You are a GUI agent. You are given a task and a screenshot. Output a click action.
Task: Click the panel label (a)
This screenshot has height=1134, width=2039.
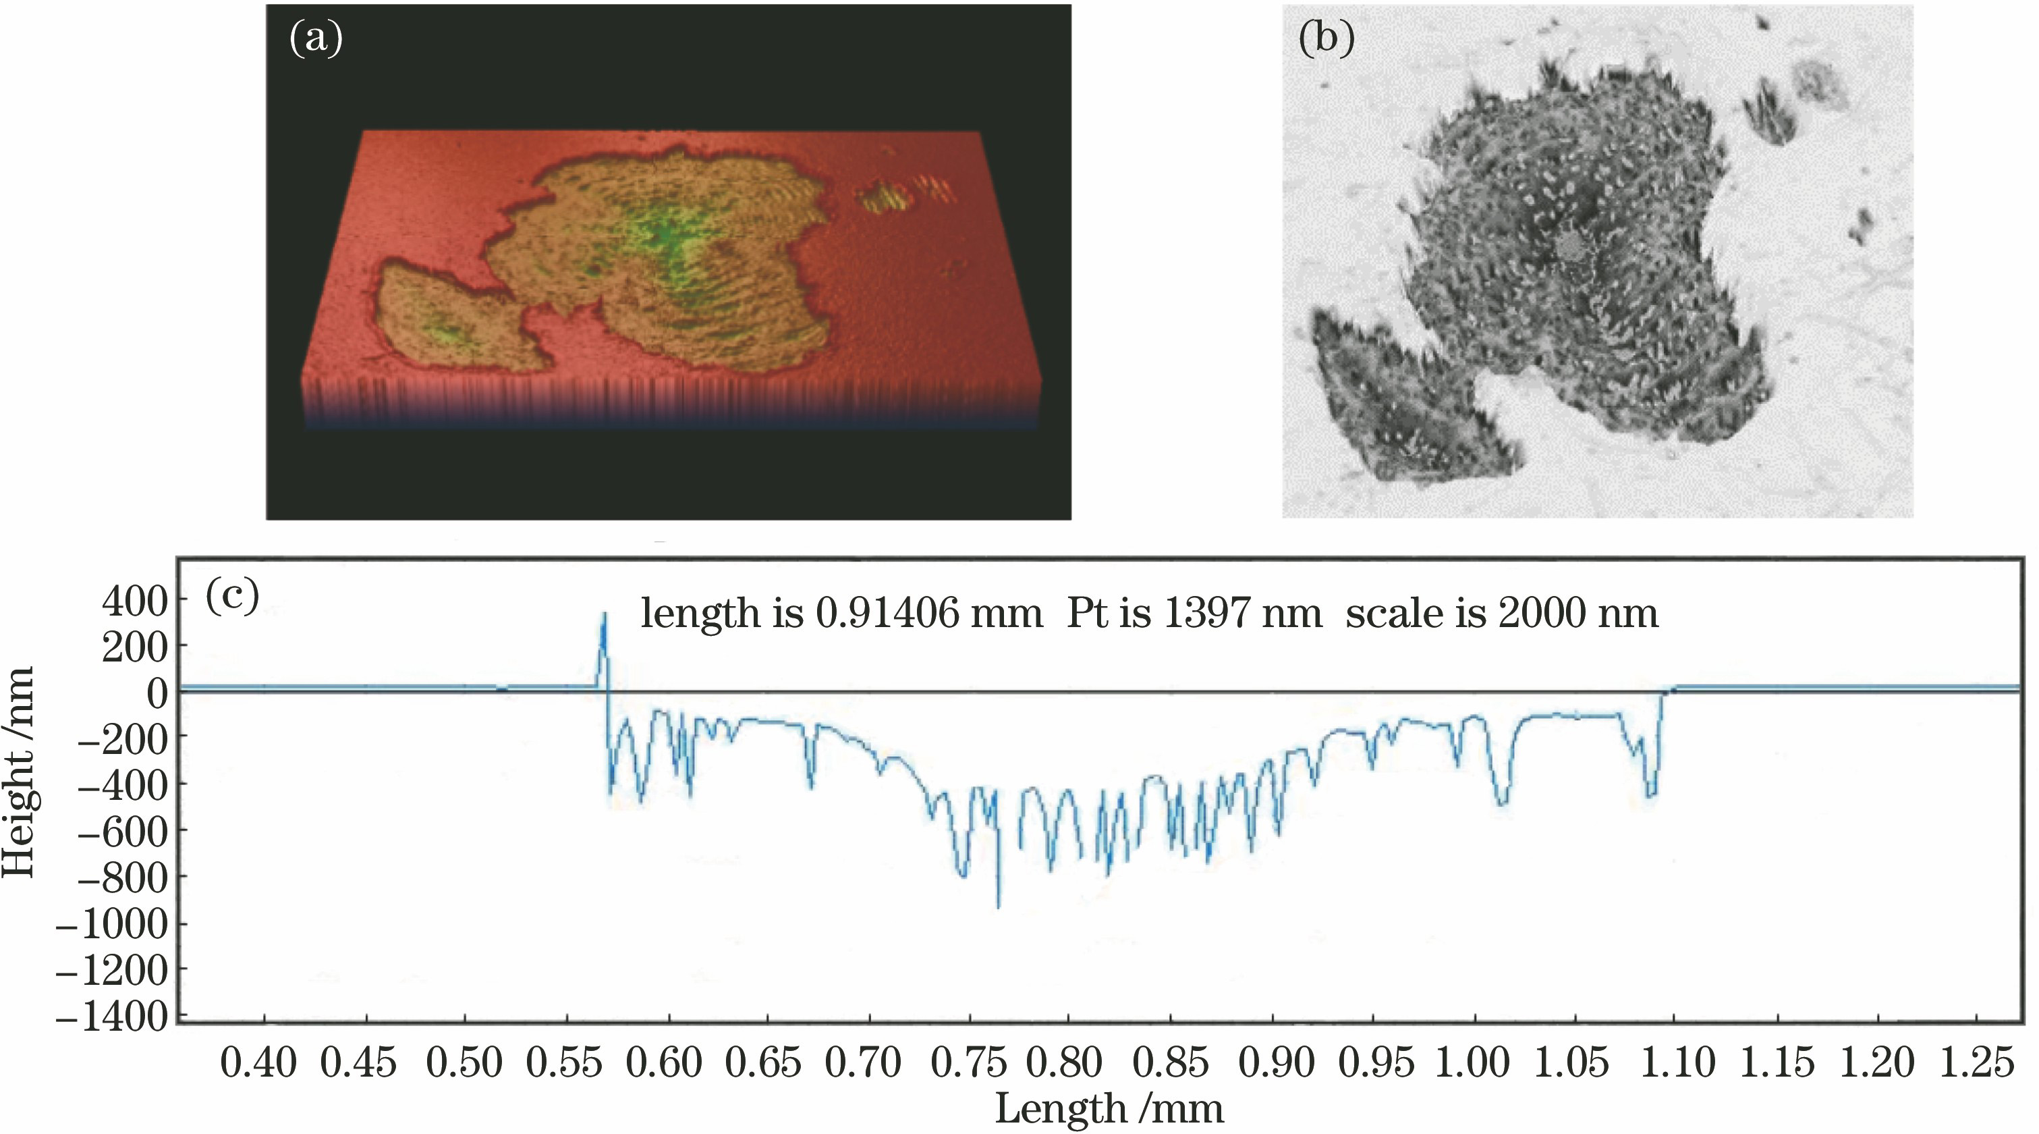click(x=316, y=38)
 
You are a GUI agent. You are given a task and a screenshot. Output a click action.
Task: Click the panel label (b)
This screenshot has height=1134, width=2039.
click(x=1326, y=38)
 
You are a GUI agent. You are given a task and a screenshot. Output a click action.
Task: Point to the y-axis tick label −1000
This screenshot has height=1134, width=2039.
click(x=113, y=923)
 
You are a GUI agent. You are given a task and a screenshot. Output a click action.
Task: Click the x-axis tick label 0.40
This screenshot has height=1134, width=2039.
click(x=258, y=1062)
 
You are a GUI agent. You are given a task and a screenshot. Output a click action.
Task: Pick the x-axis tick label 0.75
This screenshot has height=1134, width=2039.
click(x=968, y=1062)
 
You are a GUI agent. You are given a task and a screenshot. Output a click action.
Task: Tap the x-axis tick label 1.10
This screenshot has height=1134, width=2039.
click(x=1677, y=1062)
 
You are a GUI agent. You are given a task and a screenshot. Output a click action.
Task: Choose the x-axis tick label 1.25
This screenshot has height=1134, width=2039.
click(x=1976, y=1062)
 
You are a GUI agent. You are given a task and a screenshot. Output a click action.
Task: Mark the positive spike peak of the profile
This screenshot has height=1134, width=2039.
click(x=605, y=614)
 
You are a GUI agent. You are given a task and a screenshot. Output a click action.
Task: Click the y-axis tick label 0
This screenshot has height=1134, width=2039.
click(x=157, y=694)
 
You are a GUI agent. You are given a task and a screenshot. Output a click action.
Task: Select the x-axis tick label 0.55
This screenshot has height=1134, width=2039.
click(x=563, y=1062)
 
